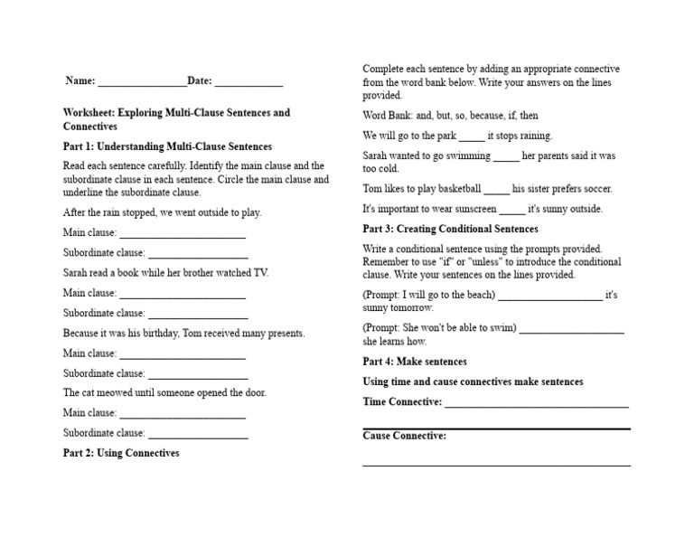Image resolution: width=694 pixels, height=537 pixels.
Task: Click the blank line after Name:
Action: (x=142, y=82)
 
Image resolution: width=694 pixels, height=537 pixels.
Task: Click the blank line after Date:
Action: (x=249, y=82)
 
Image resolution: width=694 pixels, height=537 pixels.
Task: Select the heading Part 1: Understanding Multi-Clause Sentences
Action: (x=167, y=146)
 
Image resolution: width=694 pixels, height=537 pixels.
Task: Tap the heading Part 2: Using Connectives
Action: (x=121, y=453)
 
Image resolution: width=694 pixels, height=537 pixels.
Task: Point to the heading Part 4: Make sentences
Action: (x=415, y=362)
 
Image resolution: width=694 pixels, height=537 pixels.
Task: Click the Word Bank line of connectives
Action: (x=450, y=116)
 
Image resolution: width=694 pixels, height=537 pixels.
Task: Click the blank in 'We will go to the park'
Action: (x=472, y=137)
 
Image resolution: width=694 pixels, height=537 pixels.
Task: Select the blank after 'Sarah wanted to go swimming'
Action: (x=507, y=157)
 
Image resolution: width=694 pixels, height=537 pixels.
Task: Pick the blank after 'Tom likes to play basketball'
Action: (x=497, y=191)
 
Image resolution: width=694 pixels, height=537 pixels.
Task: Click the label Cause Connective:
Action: (x=404, y=436)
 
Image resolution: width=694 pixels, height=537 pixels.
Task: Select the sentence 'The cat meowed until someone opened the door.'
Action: (x=164, y=393)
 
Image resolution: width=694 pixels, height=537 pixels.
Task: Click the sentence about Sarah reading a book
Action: (x=165, y=273)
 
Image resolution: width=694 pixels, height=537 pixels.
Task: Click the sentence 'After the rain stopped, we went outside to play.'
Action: (x=162, y=212)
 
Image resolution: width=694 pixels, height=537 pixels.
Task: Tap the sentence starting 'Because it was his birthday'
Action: (x=183, y=333)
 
